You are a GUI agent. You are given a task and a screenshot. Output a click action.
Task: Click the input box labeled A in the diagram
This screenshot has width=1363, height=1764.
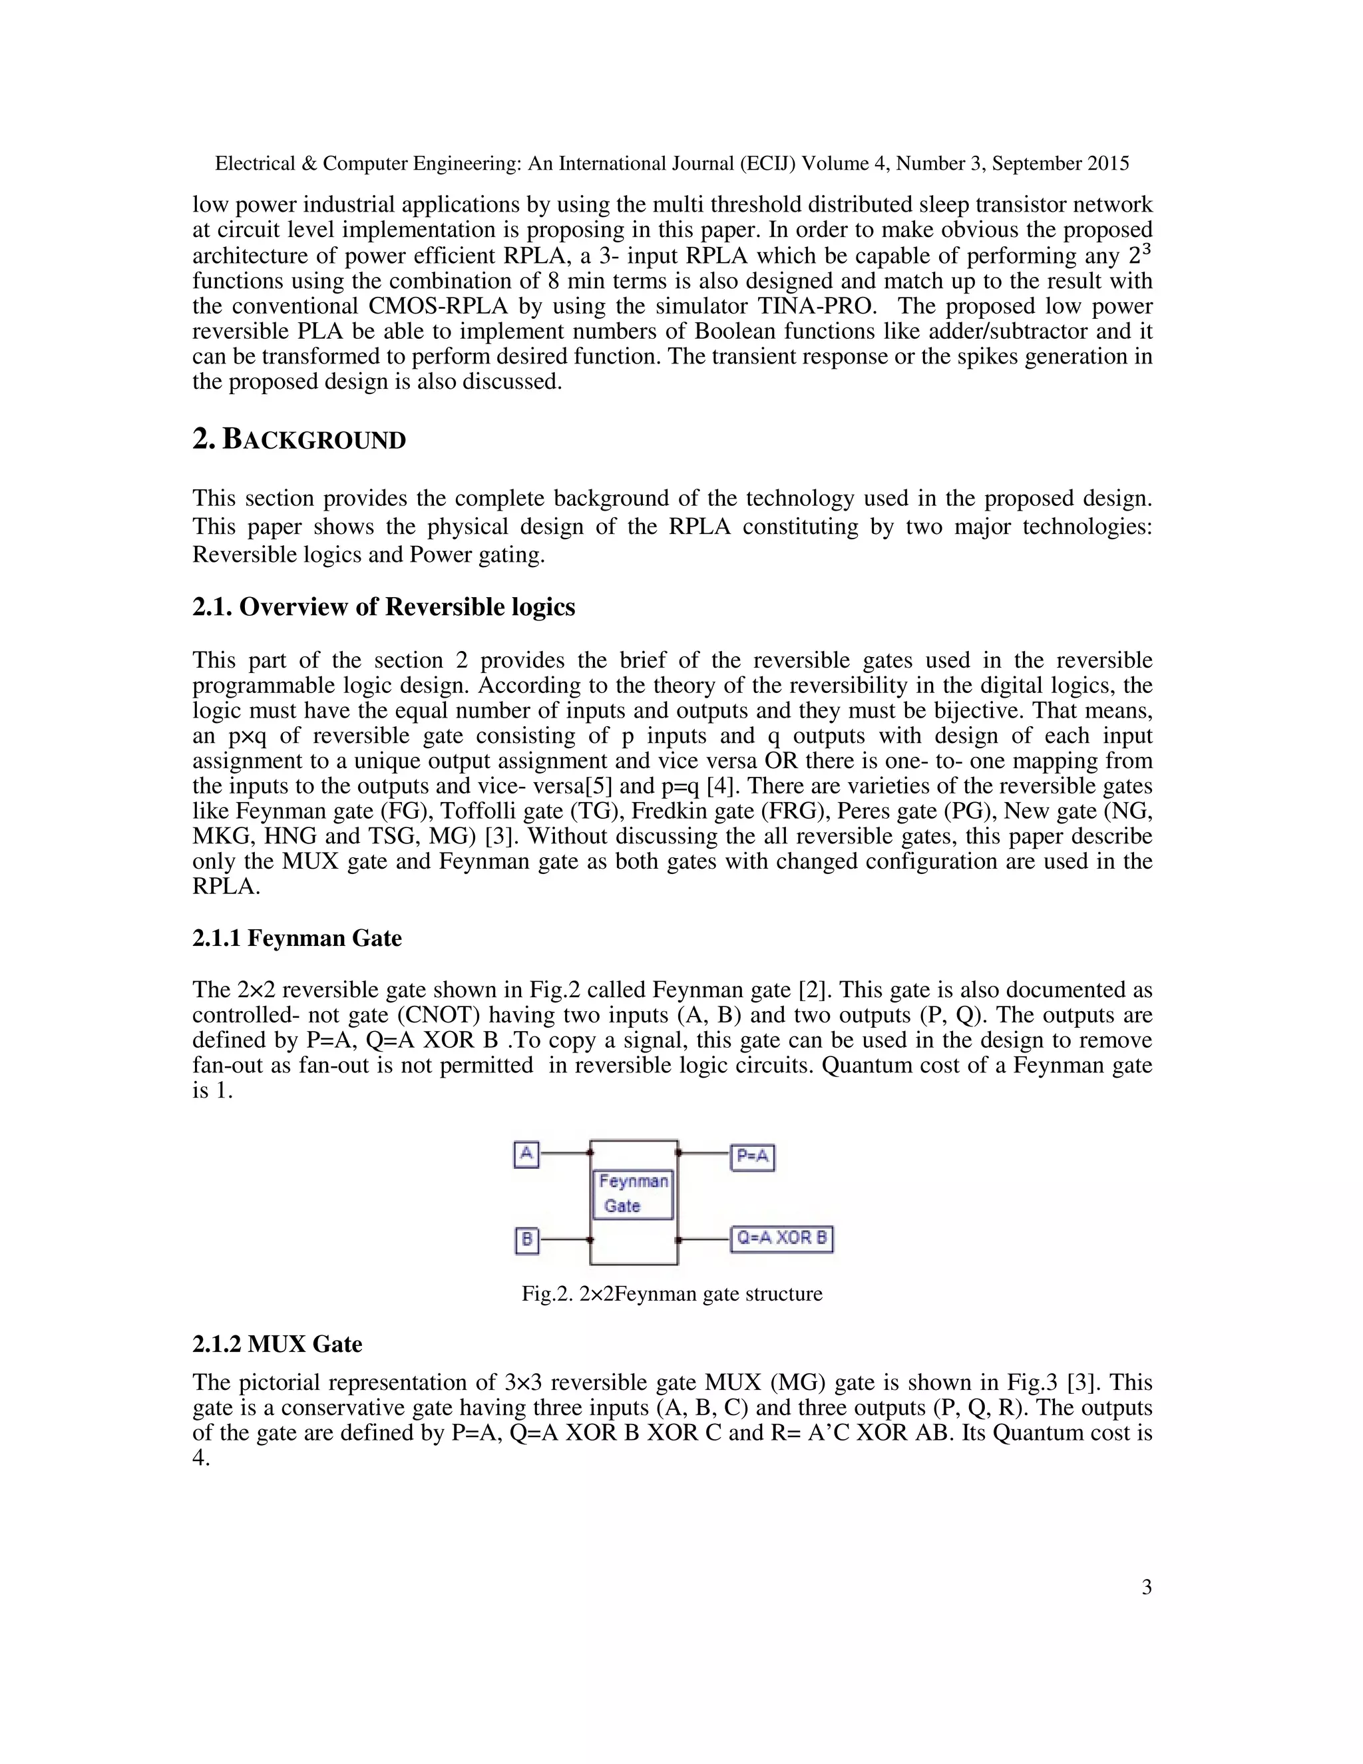click(x=526, y=1154)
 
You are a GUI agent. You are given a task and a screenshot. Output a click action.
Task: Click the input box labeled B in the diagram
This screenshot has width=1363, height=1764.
click(x=526, y=1239)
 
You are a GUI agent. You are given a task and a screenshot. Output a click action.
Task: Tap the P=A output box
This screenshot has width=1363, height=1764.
click(x=752, y=1157)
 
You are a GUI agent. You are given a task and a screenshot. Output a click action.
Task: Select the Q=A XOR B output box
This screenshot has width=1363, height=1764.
click(x=781, y=1238)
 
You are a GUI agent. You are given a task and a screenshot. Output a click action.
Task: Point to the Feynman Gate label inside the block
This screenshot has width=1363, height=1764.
click(x=632, y=1194)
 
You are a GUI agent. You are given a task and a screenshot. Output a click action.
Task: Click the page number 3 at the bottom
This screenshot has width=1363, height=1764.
click(x=1147, y=1587)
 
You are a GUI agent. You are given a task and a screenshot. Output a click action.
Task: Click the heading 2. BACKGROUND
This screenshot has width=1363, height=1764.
click(x=299, y=439)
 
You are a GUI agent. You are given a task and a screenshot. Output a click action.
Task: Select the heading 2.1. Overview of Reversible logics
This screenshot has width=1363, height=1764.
click(x=383, y=606)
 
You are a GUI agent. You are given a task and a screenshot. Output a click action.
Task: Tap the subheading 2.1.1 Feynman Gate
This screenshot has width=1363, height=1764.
click(x=296, y=938)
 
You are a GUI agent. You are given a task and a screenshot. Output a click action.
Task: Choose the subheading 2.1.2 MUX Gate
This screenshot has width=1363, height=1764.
click(x=277, y=1344)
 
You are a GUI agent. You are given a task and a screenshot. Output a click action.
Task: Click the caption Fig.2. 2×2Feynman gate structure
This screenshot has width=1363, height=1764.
click(x=672, y=1294)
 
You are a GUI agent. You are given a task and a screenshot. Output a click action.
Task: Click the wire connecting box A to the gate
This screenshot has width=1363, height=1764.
click(x=564, y=1154)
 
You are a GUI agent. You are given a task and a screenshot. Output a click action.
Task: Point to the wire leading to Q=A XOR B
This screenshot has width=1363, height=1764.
click(x=704, y=1239)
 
